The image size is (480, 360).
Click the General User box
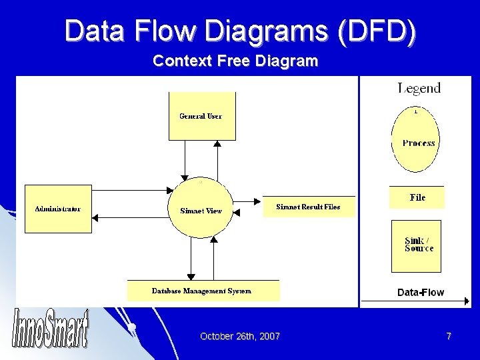tap(201, 116)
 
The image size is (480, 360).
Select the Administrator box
tap(58, 209)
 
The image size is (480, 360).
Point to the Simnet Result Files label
tap(308, 207)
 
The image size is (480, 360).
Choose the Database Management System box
tap(203, 291)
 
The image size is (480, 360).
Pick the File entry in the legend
tap(417, 197)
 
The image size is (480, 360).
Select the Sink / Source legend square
tap(415, 245)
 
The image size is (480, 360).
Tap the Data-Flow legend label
tap(421, 292)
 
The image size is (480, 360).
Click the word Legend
tap(419, 88)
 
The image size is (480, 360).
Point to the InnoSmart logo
tap(50, 329)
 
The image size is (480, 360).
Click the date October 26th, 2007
tap(240, 336)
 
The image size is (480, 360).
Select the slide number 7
tap(449, 336)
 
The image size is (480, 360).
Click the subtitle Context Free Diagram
tap(235, 61)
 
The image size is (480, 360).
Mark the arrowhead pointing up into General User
tap(217, 143)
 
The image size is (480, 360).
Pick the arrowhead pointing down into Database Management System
tap(191, 277)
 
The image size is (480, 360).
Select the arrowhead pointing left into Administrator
tap(95, 217)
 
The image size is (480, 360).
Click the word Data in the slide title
tap(93, 31)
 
